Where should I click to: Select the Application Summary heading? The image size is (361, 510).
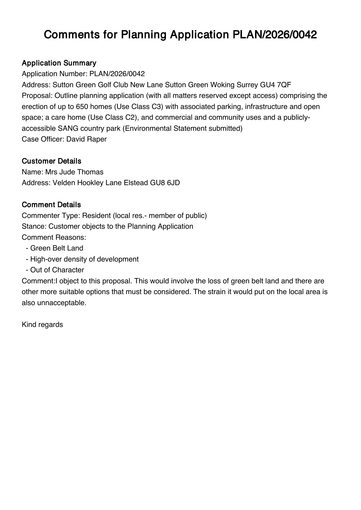pyautogui.click(x=59, y=63)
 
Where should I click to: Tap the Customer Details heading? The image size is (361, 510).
pyautogui.click(x=52, y=161)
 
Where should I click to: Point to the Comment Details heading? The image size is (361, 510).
pyautogui.click(x=51, y=205)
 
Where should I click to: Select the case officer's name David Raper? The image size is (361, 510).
pyautogui.click(x=86, y=139)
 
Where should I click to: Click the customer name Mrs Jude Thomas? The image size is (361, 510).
pyautogui.click(x=74, y=172)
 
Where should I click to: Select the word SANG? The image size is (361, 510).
pyautogui.click(x=68, y=128)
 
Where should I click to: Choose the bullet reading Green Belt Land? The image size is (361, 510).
pyautogui.click(x=56, y=248)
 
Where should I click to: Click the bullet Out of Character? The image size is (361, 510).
pyautogui.click(x=57, y=270)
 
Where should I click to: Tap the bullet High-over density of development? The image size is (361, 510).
pyautogui.click(x=84, y=259)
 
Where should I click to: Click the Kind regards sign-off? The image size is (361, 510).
pyautogui.click(x=42, y=325)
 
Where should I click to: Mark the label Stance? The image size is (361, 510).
pyautogui.click(x=34, y=226)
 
